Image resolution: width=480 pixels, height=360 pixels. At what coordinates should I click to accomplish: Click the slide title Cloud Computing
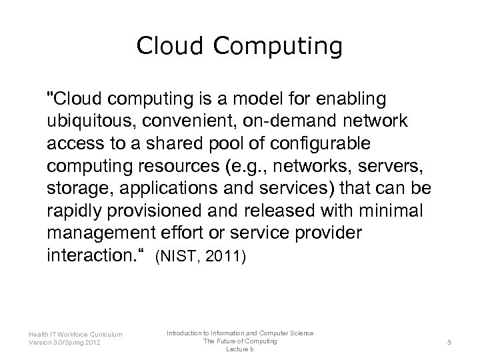pyautogui.click(x=239, y=46)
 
